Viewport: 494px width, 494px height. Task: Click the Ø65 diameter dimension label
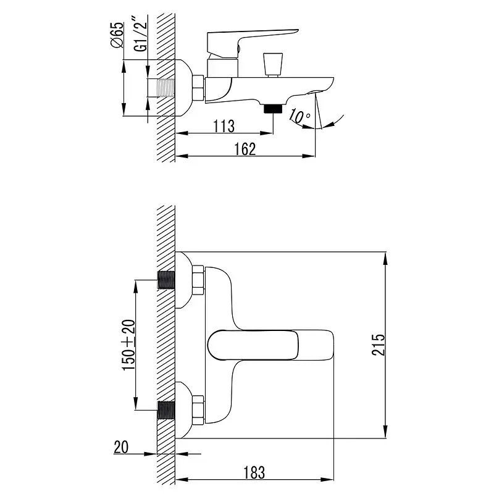(x=117, y=35)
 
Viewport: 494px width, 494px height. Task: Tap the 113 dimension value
(x=224, y=127)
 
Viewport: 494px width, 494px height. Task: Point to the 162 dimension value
(x=245, y=149)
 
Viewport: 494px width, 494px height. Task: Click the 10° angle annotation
(x=299, y=116)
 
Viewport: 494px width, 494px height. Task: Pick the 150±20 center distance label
(x=129, y=345)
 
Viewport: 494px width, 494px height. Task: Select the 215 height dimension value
(x=378, y=345)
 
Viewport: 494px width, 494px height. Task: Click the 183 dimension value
(x=254, y=472)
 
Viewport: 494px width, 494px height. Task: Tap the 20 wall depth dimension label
(x=121, y=447)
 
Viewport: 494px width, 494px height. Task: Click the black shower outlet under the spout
(x=273, y=109)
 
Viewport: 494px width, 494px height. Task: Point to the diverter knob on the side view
(x=273, y=65)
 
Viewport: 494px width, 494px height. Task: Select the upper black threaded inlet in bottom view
(x=166, y=280)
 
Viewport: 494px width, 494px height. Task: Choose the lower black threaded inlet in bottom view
(x=166, y=410)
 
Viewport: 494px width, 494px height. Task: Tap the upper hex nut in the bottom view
(x=198, y=280)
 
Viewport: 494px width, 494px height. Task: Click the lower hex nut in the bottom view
(x=198, y=410)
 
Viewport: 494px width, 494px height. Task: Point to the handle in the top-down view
(x=270, y=345)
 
